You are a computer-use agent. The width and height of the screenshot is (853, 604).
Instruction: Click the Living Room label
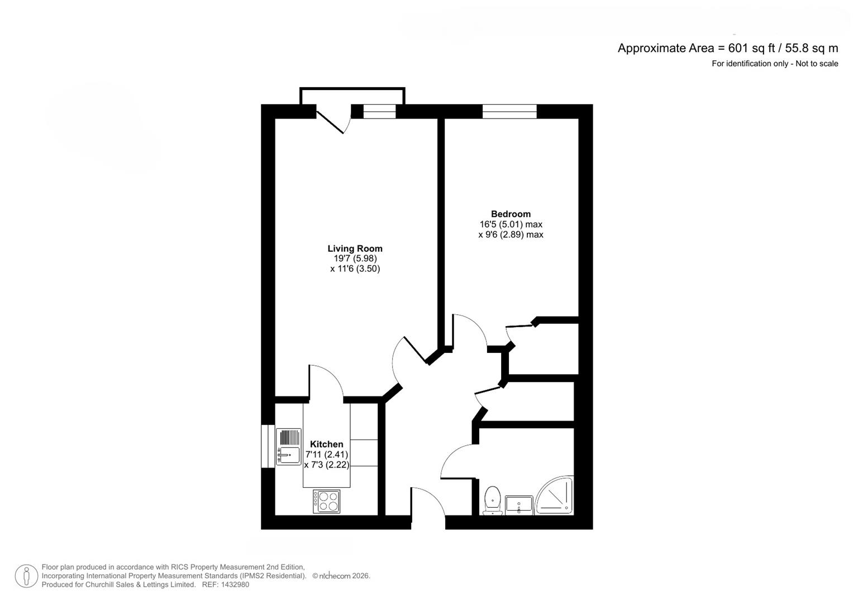pos(355,248)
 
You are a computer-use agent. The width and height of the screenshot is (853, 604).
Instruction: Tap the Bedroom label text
pos(511,214)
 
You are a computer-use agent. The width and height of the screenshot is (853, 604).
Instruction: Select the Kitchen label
pos(327,444)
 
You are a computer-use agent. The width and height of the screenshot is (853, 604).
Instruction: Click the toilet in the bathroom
pos(492,499)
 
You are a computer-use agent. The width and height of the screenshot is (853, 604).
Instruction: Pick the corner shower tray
pos(556,496)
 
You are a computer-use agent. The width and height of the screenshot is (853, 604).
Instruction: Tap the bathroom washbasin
pos(520,504)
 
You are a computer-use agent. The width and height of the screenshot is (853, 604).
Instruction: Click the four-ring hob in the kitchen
pos(326,501)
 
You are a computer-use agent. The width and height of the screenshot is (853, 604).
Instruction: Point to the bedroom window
pos(509,112)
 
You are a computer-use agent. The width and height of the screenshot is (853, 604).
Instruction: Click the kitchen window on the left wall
pos(268,446)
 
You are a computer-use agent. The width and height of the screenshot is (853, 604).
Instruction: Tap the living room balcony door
pos(332,119)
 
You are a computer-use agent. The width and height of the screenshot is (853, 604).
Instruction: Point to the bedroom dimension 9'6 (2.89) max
pos(511,235)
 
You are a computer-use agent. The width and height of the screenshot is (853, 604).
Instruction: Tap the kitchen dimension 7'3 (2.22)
pos(327,465)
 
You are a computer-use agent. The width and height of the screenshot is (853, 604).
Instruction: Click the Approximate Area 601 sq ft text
pos(727,48)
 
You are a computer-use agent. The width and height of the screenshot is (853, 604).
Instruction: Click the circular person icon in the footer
pos(26,576)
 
